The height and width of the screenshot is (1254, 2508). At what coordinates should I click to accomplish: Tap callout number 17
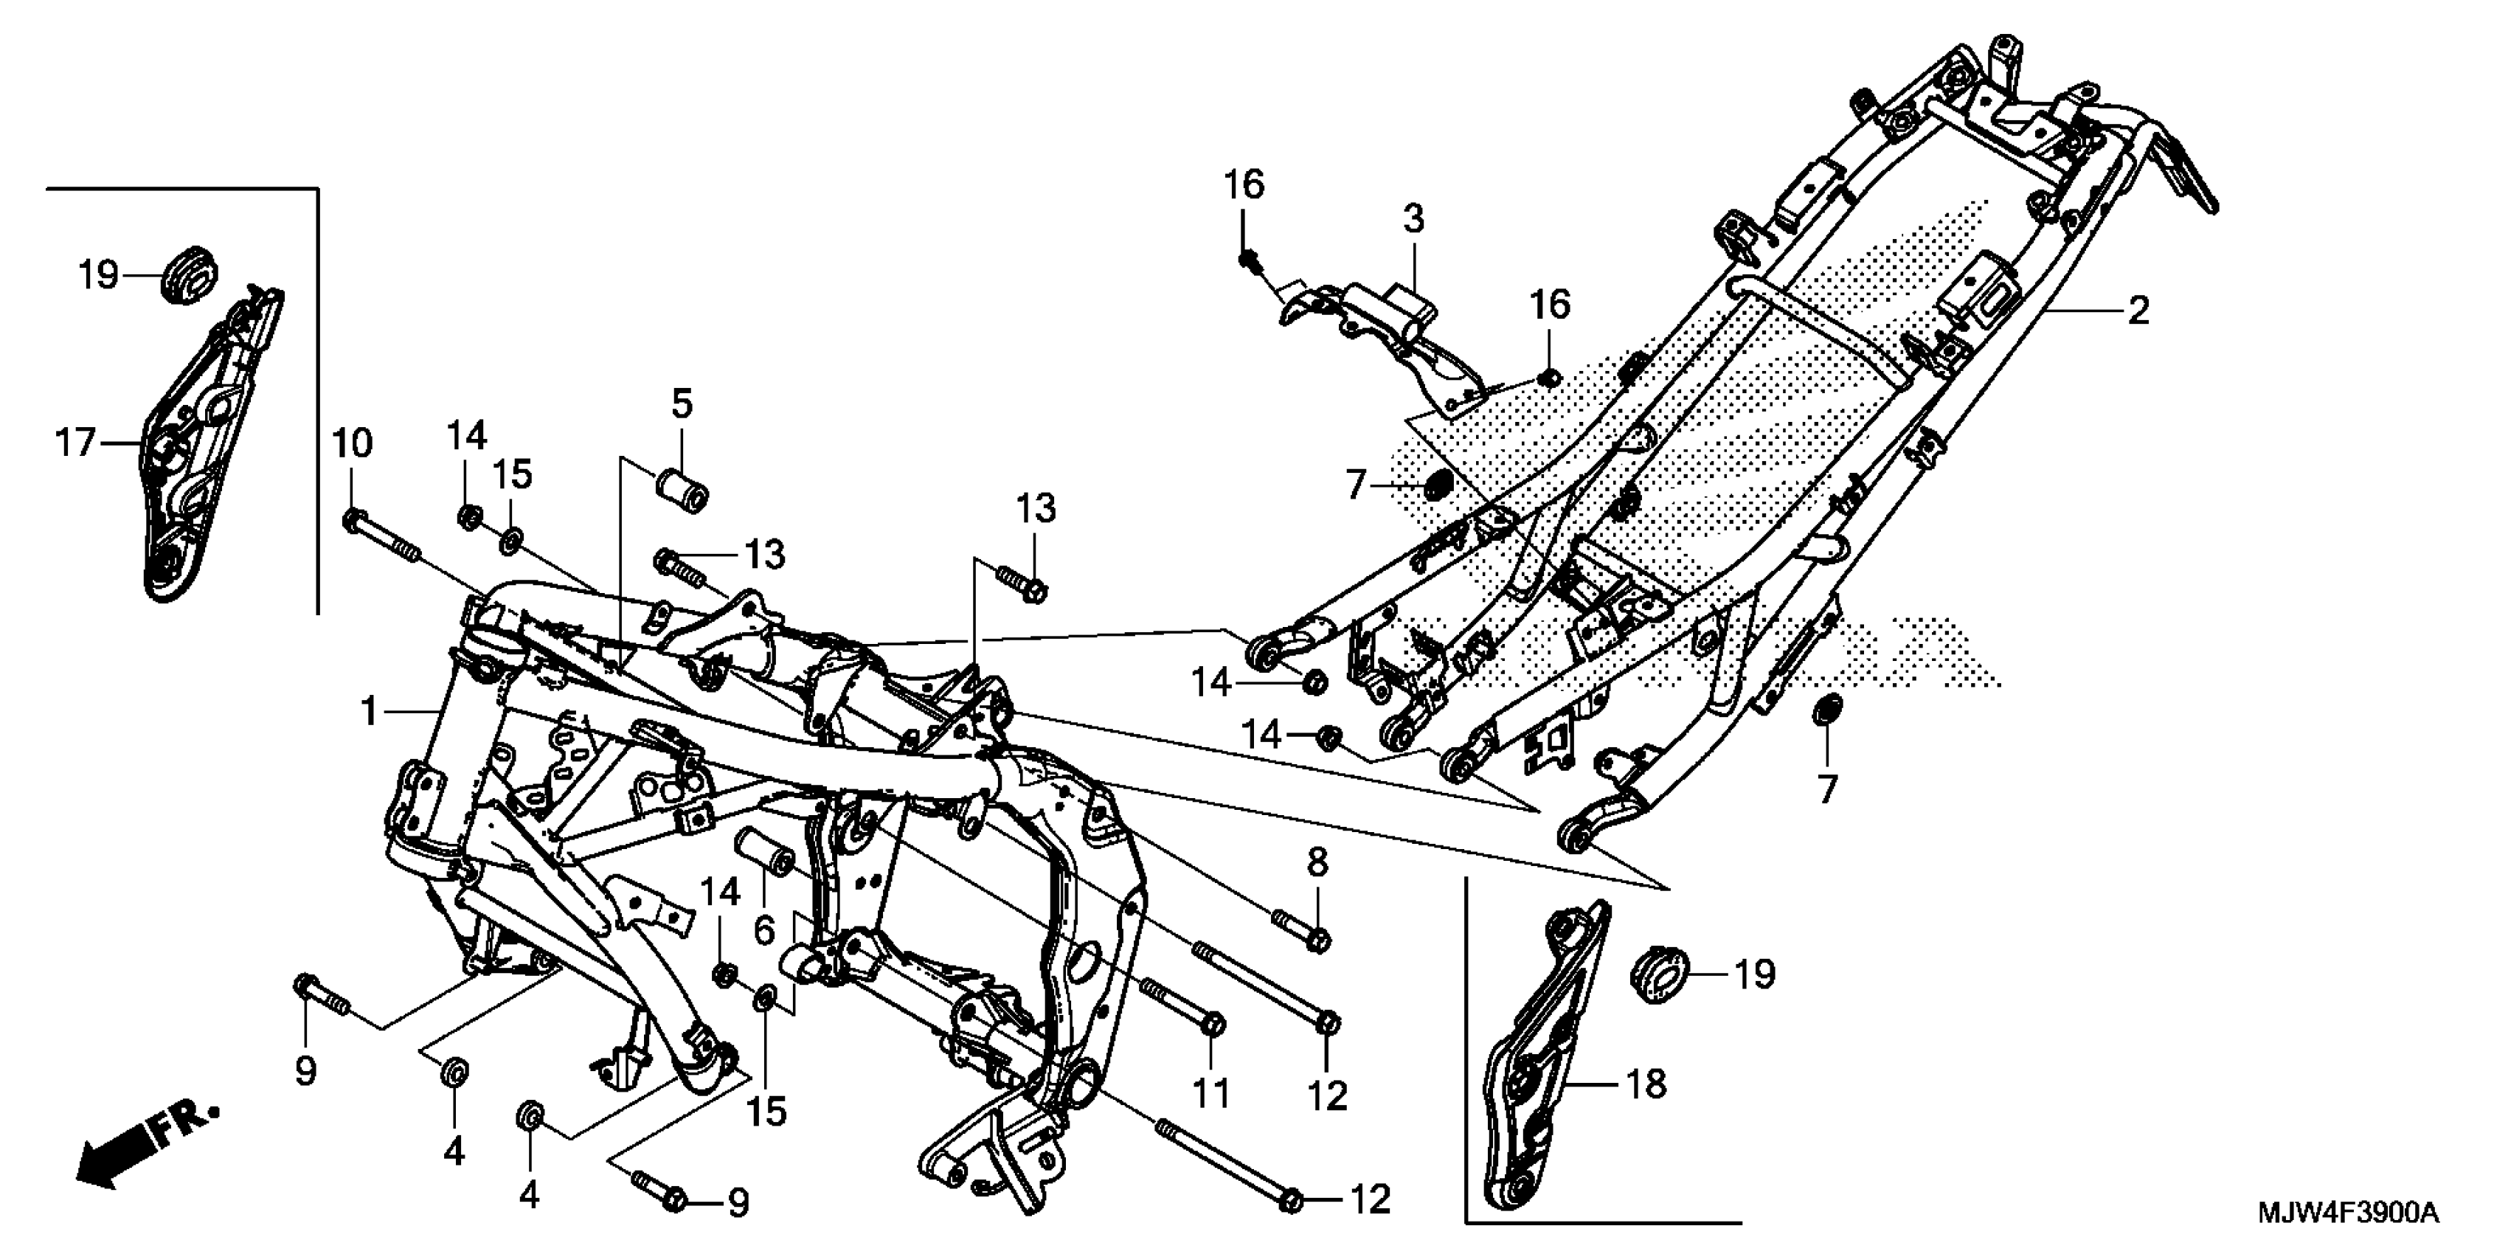point(76,444)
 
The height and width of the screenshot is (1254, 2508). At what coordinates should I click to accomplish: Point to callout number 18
point(1646,1083)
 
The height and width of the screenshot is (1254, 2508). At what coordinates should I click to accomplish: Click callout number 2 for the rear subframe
point(2138,311)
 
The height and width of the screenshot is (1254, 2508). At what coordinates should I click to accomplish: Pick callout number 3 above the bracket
point(1413,219)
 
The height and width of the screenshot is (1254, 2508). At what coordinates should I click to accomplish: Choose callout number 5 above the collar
point(682,403)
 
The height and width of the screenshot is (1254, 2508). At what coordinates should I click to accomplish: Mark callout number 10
point(353,444)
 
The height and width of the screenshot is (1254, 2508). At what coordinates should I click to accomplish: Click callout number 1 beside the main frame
point(368,712)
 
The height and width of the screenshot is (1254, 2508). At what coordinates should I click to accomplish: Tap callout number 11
point(1212,1093)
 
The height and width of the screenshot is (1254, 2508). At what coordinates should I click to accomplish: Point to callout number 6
point(764,929)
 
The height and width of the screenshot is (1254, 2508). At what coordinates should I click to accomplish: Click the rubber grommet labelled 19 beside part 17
point(190,274)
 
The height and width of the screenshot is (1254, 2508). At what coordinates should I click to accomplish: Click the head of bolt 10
point(353,521)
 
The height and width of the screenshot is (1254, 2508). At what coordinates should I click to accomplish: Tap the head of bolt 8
point(1318,940)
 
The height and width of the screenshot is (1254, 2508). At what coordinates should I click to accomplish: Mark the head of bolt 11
point(1213,1025)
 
